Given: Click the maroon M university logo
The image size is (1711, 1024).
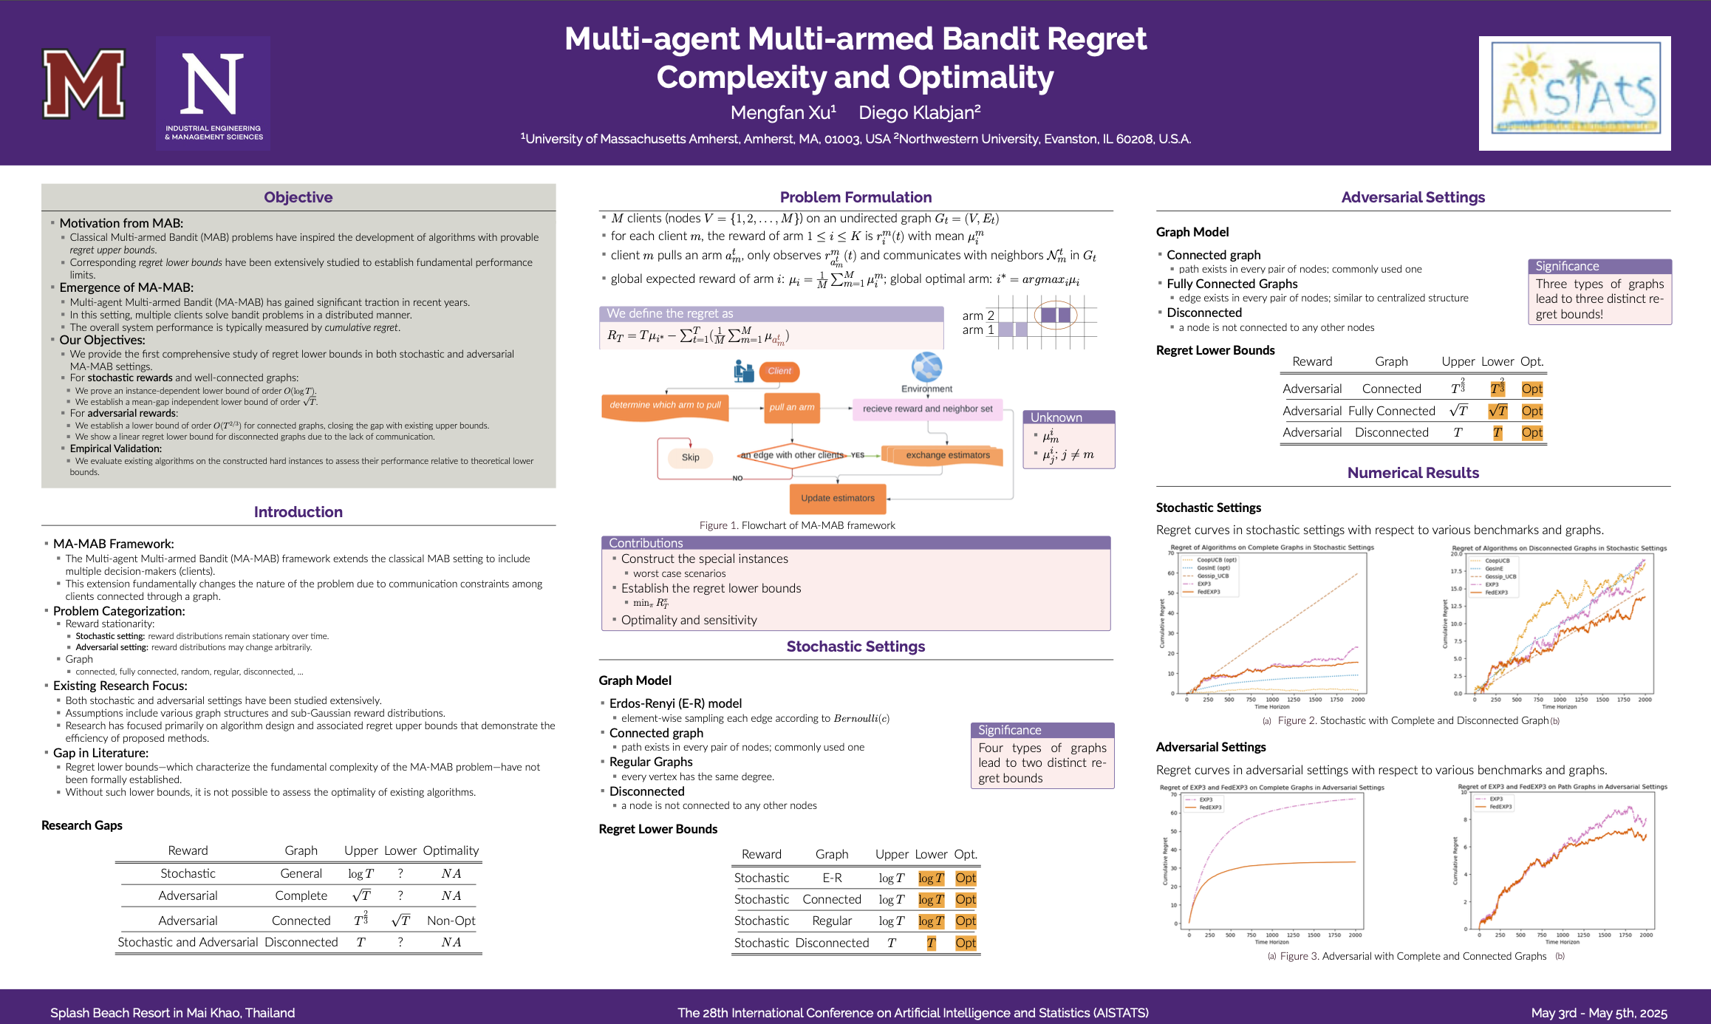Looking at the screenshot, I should point(83,84).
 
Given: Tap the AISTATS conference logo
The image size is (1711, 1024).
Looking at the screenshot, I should point(1574,93).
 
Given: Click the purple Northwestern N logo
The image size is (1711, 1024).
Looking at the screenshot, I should point(213,93).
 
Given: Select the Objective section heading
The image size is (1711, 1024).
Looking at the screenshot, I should point(298,197).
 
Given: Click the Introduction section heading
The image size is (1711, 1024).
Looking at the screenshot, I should point(298,512).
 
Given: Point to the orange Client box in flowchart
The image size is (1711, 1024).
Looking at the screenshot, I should point(779,371).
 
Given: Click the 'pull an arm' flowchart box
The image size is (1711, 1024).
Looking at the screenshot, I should point(792,407).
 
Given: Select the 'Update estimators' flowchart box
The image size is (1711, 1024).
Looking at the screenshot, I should point(837,498).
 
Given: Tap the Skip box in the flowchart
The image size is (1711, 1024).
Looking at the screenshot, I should point(690,457).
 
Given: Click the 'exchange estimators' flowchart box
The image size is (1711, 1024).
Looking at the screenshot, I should point(947,455).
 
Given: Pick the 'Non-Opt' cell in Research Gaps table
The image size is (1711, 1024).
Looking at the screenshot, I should point(451,921).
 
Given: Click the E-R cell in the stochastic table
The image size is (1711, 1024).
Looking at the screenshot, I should point(832,878).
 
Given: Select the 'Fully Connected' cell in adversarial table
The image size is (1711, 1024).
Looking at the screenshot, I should point(1391,411).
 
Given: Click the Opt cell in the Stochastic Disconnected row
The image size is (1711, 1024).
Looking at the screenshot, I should point(966,943).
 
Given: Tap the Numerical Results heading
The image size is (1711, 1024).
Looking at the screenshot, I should point(1413,473).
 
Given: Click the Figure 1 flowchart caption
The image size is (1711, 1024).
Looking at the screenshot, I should point(797,525).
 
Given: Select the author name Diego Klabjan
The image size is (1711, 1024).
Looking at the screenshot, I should point(919,112).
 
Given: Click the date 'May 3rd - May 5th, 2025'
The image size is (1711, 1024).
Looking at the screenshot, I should point(1599,1013).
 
